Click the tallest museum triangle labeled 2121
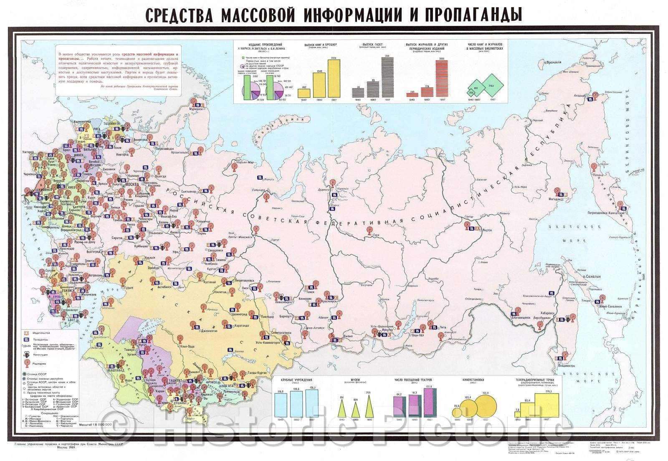(369, 405)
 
